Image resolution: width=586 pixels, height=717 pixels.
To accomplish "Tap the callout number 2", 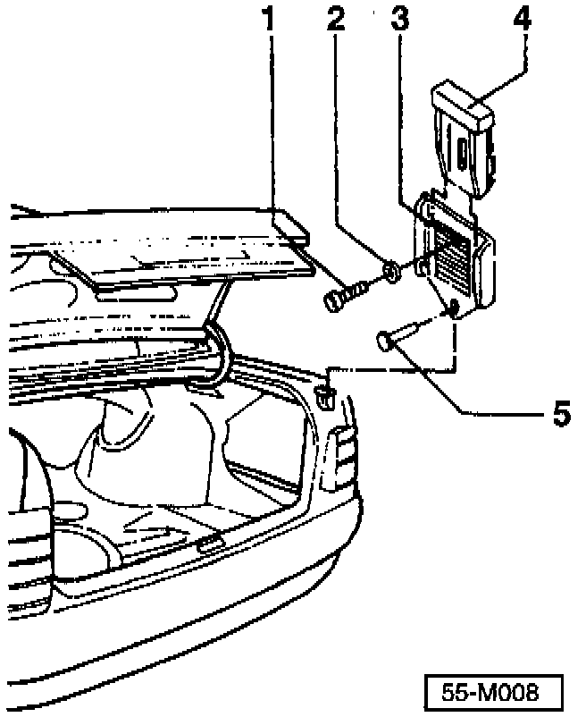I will (x=336, y=20).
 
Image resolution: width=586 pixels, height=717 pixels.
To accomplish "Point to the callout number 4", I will (x=523, y=20).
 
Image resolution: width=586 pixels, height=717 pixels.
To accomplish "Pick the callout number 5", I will (x=560, y=414).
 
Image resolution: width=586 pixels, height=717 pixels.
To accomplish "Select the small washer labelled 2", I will (x=391, y=269).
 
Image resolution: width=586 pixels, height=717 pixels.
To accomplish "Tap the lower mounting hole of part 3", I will (x=454, y=309).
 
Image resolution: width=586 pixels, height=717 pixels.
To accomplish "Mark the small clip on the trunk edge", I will (x=327, y=392).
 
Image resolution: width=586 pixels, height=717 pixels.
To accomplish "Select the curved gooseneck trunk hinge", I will (x=219, y=358).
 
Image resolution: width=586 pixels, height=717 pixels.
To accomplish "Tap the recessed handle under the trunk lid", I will (x=134, y=293).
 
